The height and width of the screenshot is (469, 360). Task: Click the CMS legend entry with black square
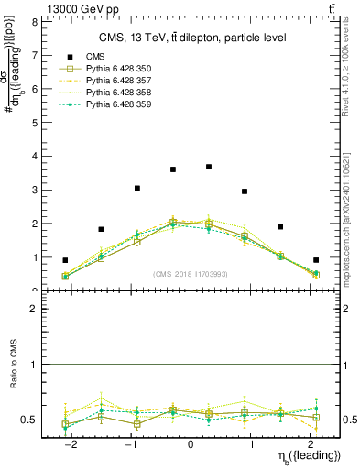[95, 56]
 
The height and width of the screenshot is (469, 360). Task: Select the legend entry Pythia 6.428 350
[118, 69]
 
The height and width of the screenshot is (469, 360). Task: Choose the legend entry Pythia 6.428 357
[118, 81]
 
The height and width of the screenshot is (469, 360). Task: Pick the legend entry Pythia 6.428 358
[118, 93]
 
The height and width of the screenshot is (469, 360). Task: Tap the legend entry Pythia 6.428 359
[118, 104]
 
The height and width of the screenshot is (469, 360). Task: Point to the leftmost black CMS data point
[65, 260]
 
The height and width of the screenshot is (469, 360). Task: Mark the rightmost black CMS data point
[316, 260]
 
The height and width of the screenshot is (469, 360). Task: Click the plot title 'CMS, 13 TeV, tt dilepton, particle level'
[191, 38]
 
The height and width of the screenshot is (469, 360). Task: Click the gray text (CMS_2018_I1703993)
[191, 274]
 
